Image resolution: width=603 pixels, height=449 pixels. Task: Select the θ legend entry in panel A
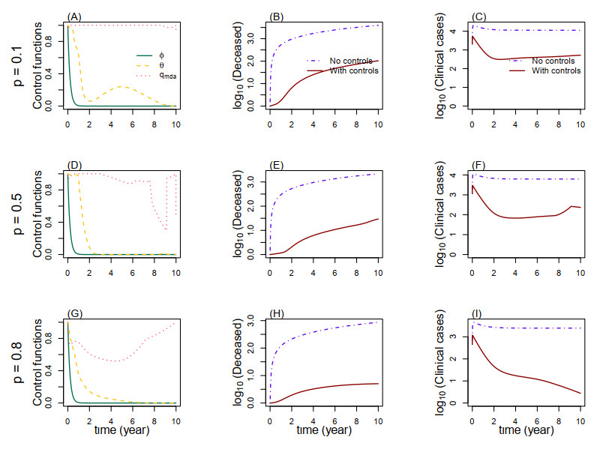(x=160, y=65)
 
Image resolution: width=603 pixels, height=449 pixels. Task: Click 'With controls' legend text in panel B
(x=352, y=70)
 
